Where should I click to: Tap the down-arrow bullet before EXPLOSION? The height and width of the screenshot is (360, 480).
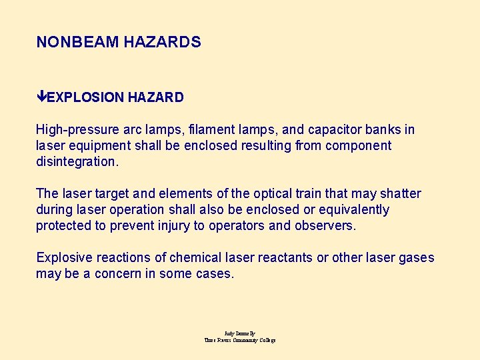(41, 97)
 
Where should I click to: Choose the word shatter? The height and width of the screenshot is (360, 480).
(401, 193)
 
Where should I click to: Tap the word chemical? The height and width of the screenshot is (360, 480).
(193, 257)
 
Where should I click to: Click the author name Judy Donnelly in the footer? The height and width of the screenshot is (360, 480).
(240, 333)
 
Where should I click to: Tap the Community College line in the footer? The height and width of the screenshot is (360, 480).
(240, 340)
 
